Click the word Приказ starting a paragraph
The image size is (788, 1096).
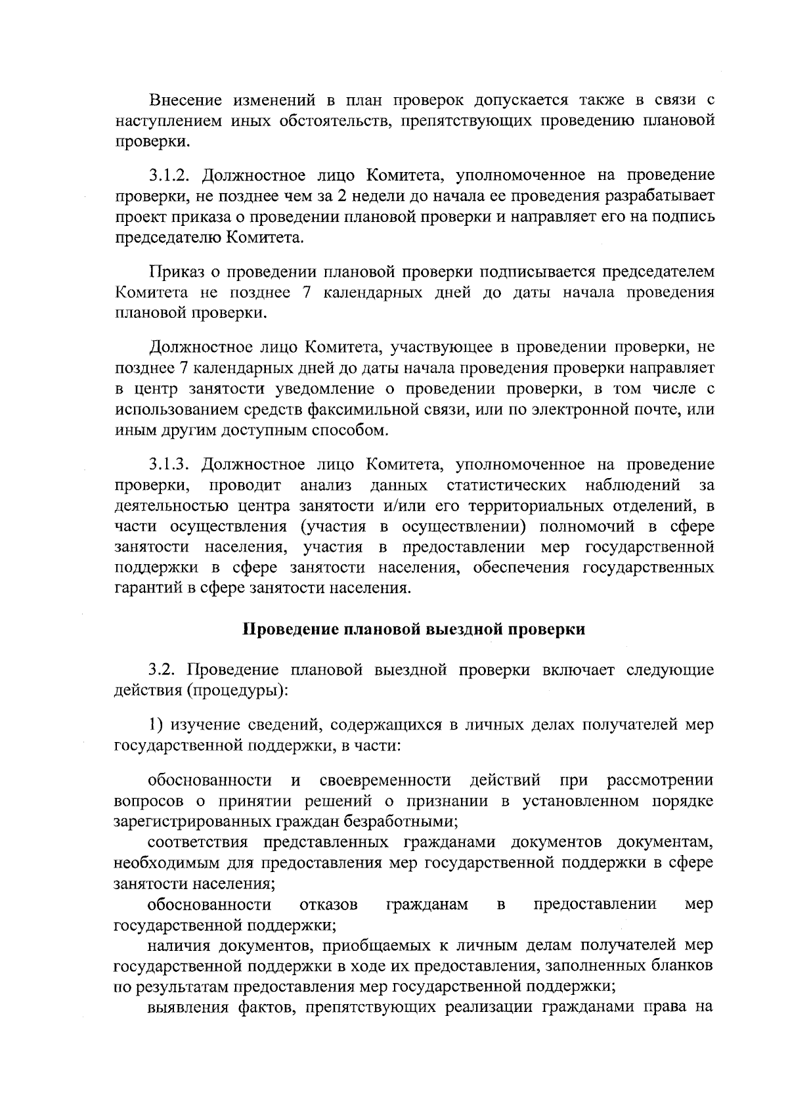(173, 272)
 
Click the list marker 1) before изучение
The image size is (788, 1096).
(156, 724)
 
